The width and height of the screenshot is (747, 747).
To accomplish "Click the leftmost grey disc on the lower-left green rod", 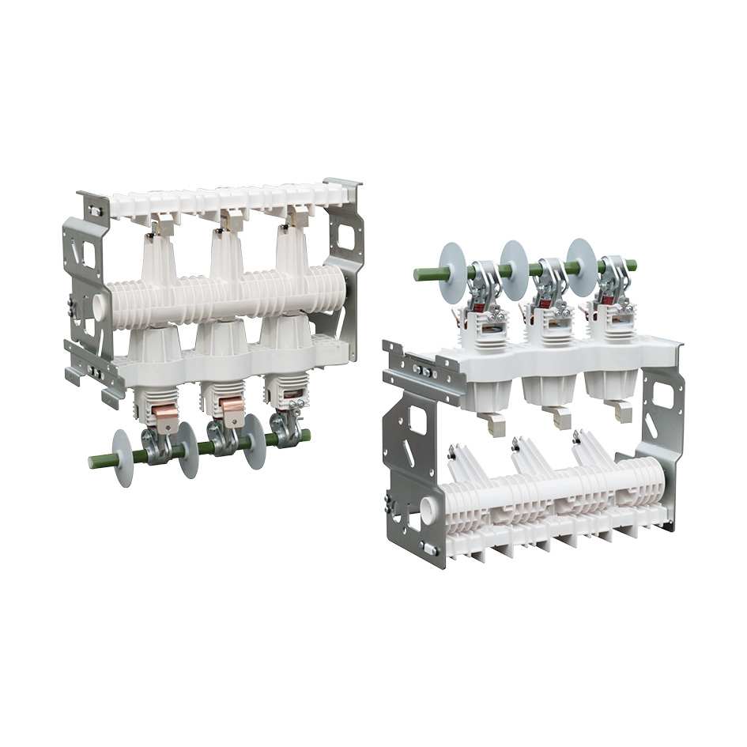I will [123, 458].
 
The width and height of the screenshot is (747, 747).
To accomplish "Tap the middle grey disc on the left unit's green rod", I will [188, 450].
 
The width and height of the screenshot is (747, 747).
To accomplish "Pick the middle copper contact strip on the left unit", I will [232, 408].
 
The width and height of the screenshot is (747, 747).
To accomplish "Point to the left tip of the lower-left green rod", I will [92, 462].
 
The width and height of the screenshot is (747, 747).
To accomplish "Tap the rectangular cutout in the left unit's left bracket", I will [89, 255].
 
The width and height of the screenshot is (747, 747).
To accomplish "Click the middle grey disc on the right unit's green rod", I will [514, 270].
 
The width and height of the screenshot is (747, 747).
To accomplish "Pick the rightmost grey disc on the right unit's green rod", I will [582, 267].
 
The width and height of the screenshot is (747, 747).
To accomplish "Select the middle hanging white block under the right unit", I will [560, 416].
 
